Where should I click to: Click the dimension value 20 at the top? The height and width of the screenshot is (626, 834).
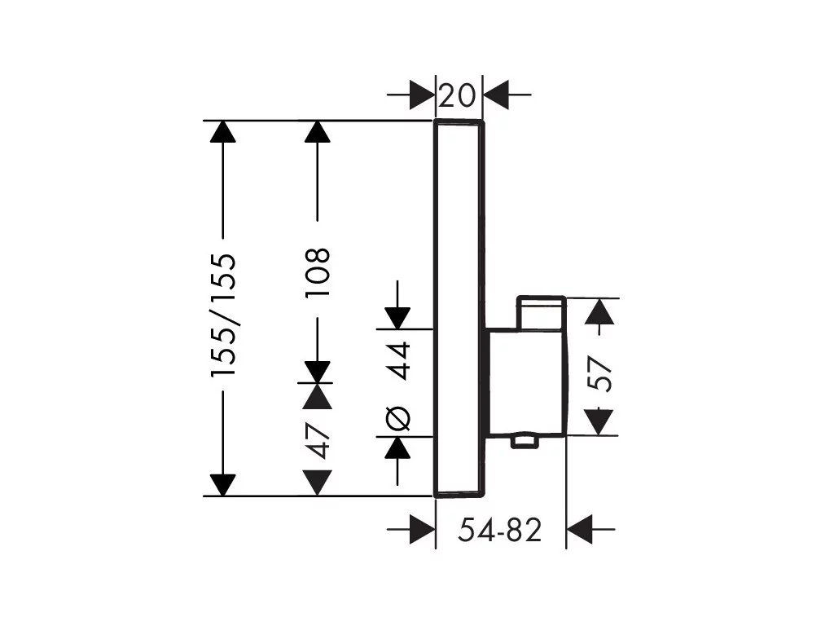pyautogui.click(x=458, y=96)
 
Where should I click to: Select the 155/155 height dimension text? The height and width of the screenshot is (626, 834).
pyautogui.click(x=223, y=315)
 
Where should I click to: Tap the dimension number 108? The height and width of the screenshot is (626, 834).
pyautogui.click(x=318, y=272)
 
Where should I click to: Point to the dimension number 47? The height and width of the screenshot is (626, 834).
pyautogui.click(x=318, y=441)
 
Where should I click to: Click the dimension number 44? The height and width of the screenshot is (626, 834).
pyautogui.click(x=398, y=360)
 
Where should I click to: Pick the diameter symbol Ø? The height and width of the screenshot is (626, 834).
pyautogui.click(x=398, y=418)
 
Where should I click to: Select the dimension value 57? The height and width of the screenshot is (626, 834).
pyautogui.click(x=600, y=374)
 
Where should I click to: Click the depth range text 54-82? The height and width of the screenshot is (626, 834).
pyautogui.click(x=500, y=530)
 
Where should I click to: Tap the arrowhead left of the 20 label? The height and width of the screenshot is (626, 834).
pyautogui.click(x=423, y=95)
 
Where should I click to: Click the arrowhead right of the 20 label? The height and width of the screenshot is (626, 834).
pyautogui.click(x=496, y=95)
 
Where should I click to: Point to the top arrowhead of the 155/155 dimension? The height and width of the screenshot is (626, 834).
pyautogui.click(x=223, y=132)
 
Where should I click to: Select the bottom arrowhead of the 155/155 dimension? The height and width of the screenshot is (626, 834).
pyautogui.click(x=223, y=485)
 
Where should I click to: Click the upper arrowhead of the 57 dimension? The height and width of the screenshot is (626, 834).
pyautogui.click(x=599, y=311)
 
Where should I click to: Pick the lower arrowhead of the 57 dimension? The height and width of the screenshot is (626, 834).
pyautogui.click(x=599, y=422)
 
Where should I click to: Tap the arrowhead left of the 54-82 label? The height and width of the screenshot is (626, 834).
pyautogui.click(x=423, y=530)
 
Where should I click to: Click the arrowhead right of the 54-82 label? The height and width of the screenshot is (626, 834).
pyautogui.click(x=580, y=530)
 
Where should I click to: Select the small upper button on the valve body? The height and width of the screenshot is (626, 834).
pyautogui.click(x=541, y=312)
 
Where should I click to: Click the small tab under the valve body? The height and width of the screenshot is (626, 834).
pyautogui.click(x=525, y=441)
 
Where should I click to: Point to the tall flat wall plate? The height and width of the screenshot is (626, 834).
pyautogui.click(x=460, y=309)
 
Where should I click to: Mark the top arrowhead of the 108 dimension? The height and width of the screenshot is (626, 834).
pyautogui.click(x=318, y=132)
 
